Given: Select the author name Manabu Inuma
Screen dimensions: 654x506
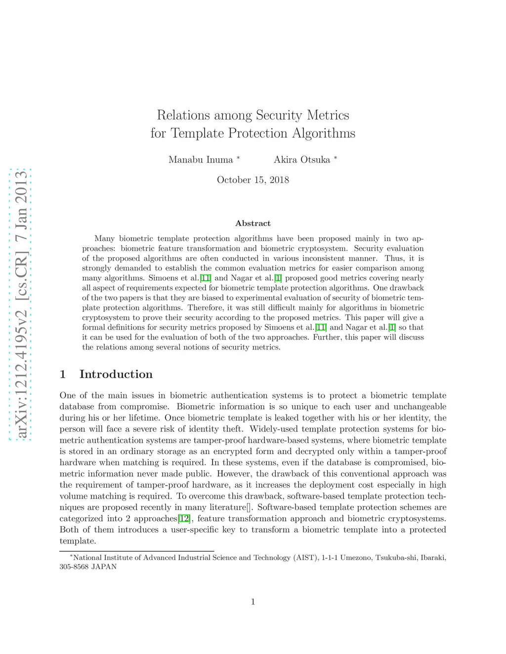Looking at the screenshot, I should pyautogui.click(x=201, y=160).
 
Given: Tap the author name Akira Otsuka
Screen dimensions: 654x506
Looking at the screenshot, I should pyautogui.click(x=302, y=160).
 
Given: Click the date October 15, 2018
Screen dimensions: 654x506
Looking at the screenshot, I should pyautogui.click(x=253, y=180).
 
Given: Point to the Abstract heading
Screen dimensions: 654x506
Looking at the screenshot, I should pyautogui.click(x=253, y=224).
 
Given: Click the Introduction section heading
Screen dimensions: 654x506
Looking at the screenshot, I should pyautogui.click(x=116, y=375).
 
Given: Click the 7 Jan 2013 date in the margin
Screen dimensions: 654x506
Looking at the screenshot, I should pyautogui.click(x=21, y=209).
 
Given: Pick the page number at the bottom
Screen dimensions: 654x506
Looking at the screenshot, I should pyautogui.click(x=253, y=602).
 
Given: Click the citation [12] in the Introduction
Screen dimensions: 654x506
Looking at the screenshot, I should pyautogui.click(x=184, y=519).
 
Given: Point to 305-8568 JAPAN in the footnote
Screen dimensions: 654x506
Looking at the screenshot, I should pyautogui.click(x=88, y=567).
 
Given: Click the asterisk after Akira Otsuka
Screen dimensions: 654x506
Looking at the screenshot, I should pyautogui.click(x=336, y=158).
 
